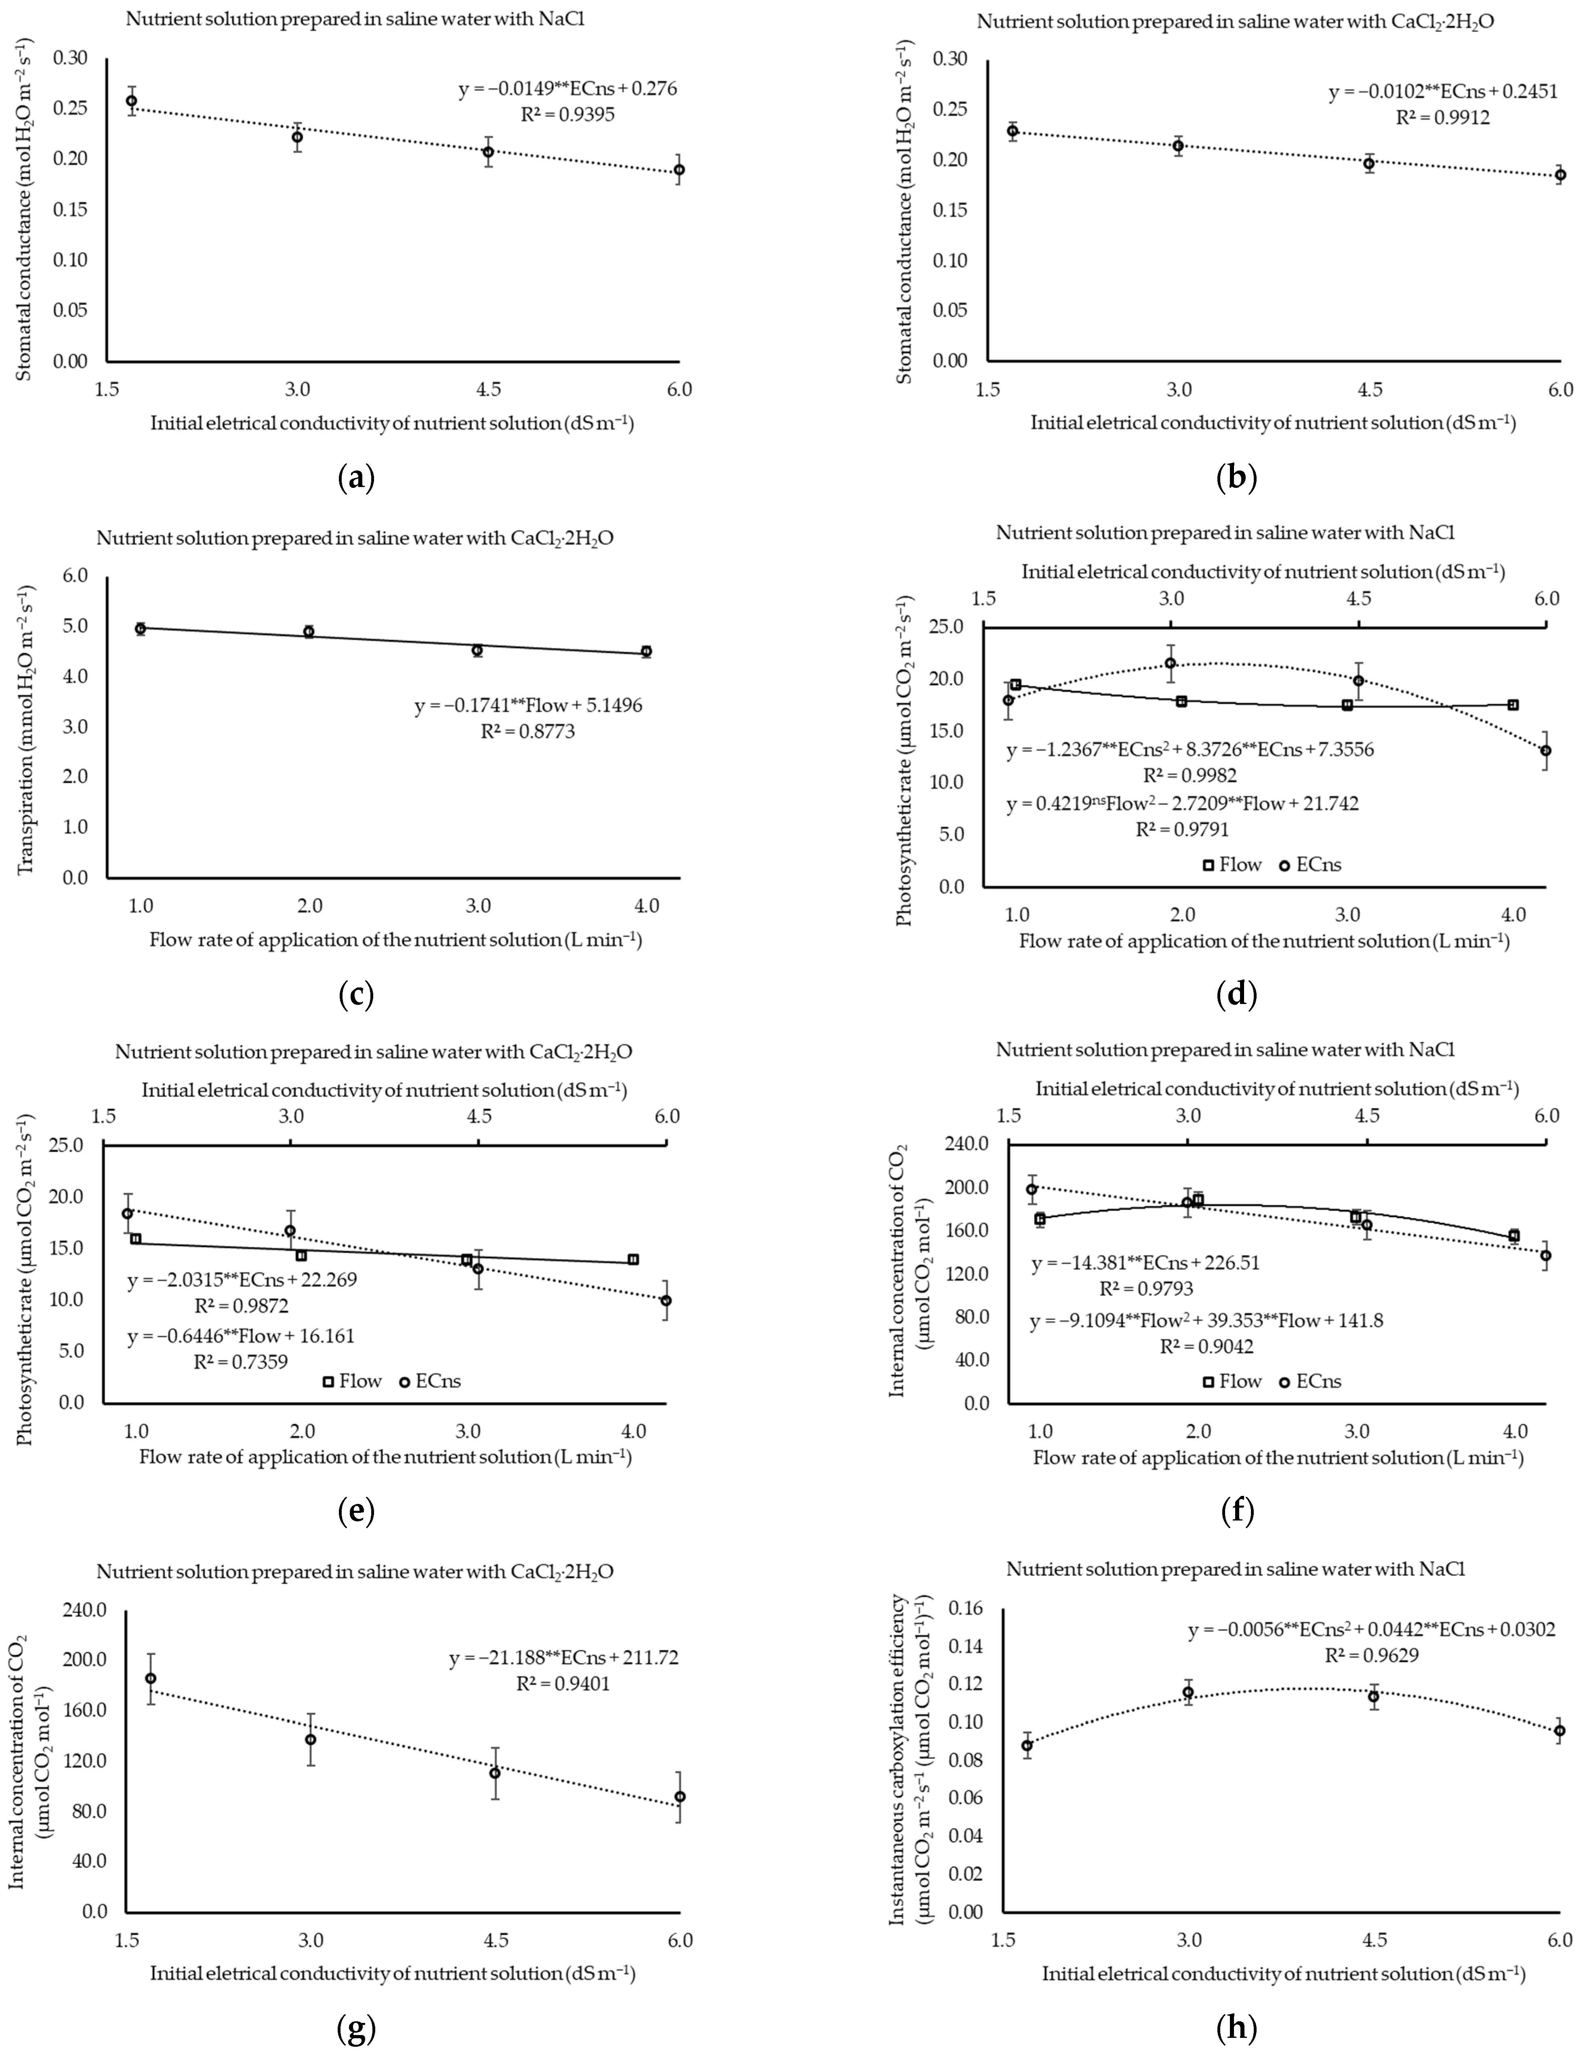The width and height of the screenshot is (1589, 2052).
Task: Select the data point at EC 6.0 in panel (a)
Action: (679, 170)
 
